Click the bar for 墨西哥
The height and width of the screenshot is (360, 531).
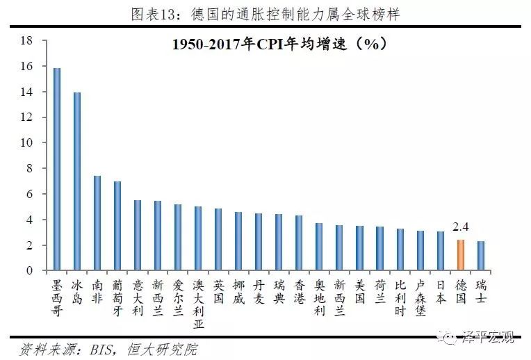tap(57, 170)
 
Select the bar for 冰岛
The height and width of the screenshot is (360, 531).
tap(77, 181)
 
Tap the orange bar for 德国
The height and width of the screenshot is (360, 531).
tap(461, 255)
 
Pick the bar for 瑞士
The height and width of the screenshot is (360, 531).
tap(481, 256)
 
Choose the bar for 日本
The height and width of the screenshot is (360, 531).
tap(441, 251)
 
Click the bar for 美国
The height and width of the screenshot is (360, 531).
tap(359, 248)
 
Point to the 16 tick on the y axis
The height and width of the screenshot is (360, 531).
tap(28, 66)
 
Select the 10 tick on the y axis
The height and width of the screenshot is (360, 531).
tap(28, 142)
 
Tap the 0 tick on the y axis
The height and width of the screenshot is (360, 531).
tap(31, 270)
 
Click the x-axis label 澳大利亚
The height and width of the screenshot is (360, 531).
tap(198, 304)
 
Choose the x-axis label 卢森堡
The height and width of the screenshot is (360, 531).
tap(420, 298)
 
